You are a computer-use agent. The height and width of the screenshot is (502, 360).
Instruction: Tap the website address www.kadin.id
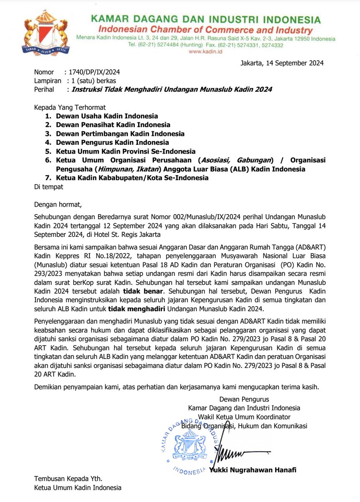[x=205, y=51]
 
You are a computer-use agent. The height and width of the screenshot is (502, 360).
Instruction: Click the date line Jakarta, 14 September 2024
[x=282, y=64]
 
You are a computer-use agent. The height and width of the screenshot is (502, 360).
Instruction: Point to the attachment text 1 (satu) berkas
[x=94, y=81]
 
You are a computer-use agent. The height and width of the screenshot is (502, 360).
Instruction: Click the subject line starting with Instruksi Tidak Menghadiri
[x=172, y=90]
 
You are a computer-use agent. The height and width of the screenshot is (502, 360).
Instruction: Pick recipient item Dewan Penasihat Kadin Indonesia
[x=113, y=125]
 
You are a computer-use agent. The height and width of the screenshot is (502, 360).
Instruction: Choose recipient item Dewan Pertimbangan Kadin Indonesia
[x=120, y=134]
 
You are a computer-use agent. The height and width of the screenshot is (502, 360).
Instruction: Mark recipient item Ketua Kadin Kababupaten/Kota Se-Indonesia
[x=132, y=178]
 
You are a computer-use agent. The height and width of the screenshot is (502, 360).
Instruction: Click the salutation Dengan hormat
[x=58, y=205]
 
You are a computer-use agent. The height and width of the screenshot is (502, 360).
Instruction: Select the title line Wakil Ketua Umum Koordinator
[x=244, y=417]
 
